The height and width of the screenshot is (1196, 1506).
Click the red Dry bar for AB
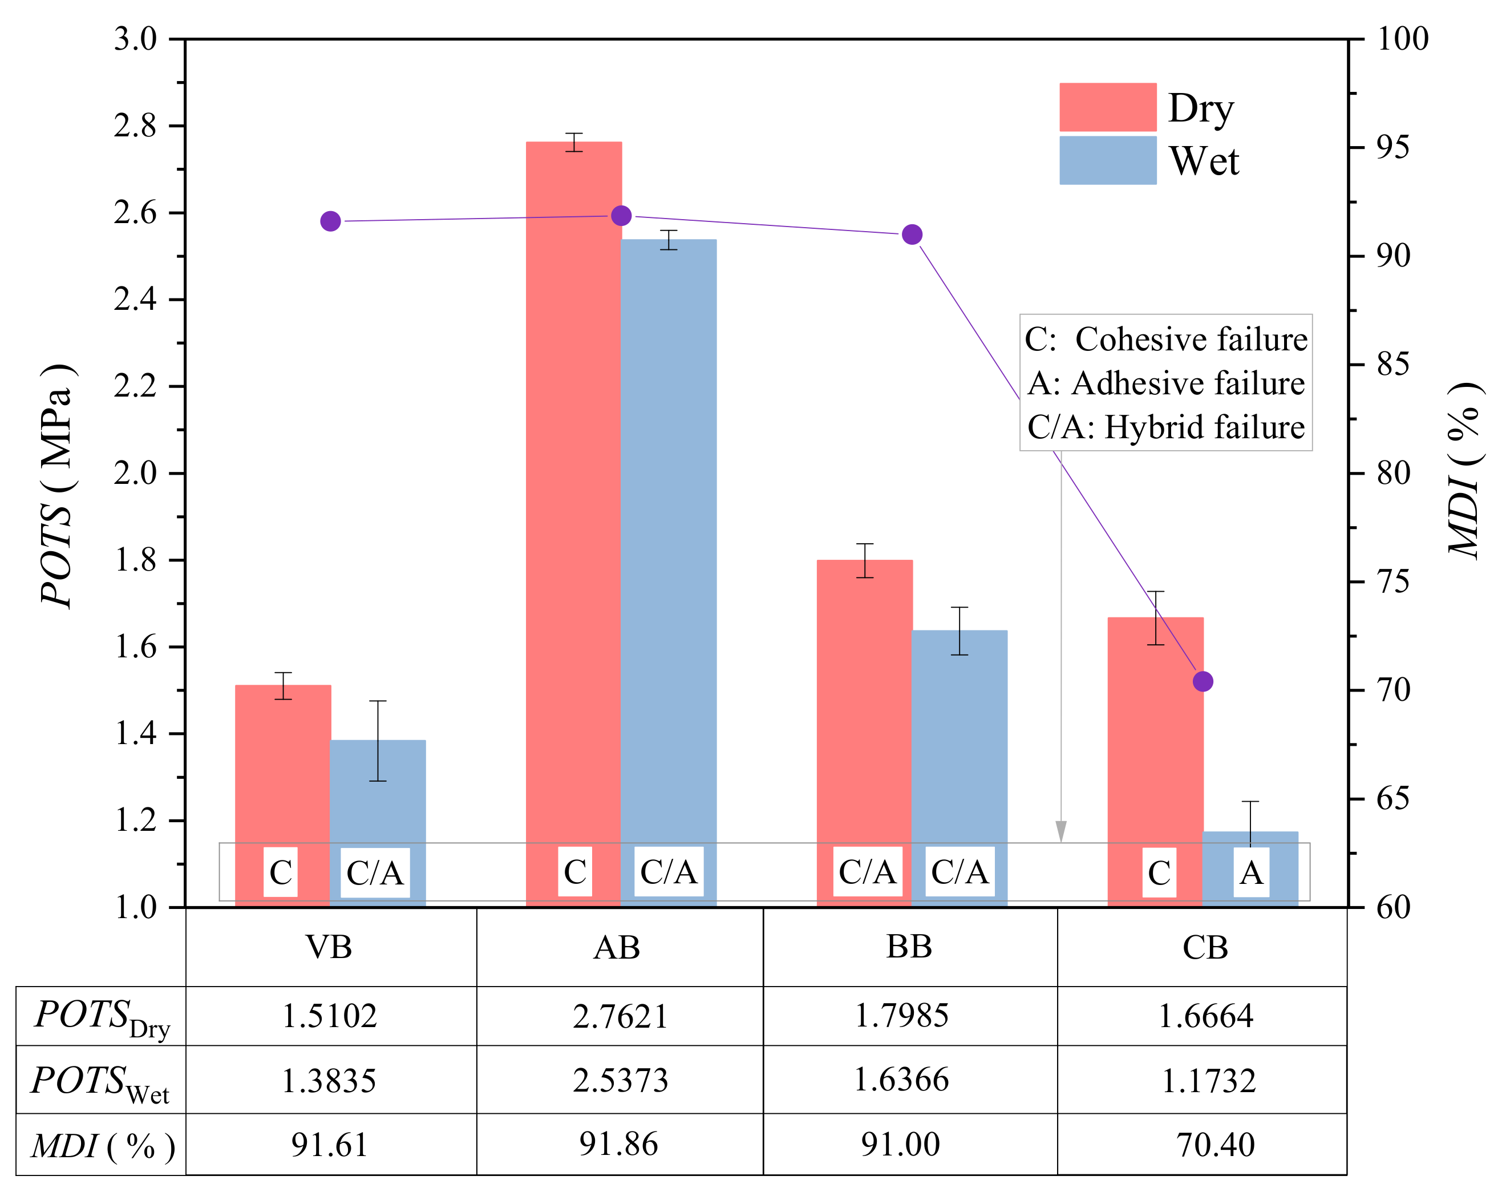click(x=573, y=489)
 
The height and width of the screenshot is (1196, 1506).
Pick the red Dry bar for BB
click(x=865, y=698)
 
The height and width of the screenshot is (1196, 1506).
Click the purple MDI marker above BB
click(x=912, y=235)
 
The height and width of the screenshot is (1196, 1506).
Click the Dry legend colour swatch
click(x=1108, y=107)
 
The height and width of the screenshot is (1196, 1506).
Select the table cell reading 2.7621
click(x=620, y=1016)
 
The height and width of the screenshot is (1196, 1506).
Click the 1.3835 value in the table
click(x=329, y=1081)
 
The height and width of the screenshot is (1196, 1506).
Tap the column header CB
click(x=1205, y=947)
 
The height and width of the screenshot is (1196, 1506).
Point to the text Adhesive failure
click(x=1188, y=383)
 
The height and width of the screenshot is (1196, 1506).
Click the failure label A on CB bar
click(x=1251, y=872)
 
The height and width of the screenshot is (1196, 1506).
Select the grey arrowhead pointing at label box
click(x=1061, y=831)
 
